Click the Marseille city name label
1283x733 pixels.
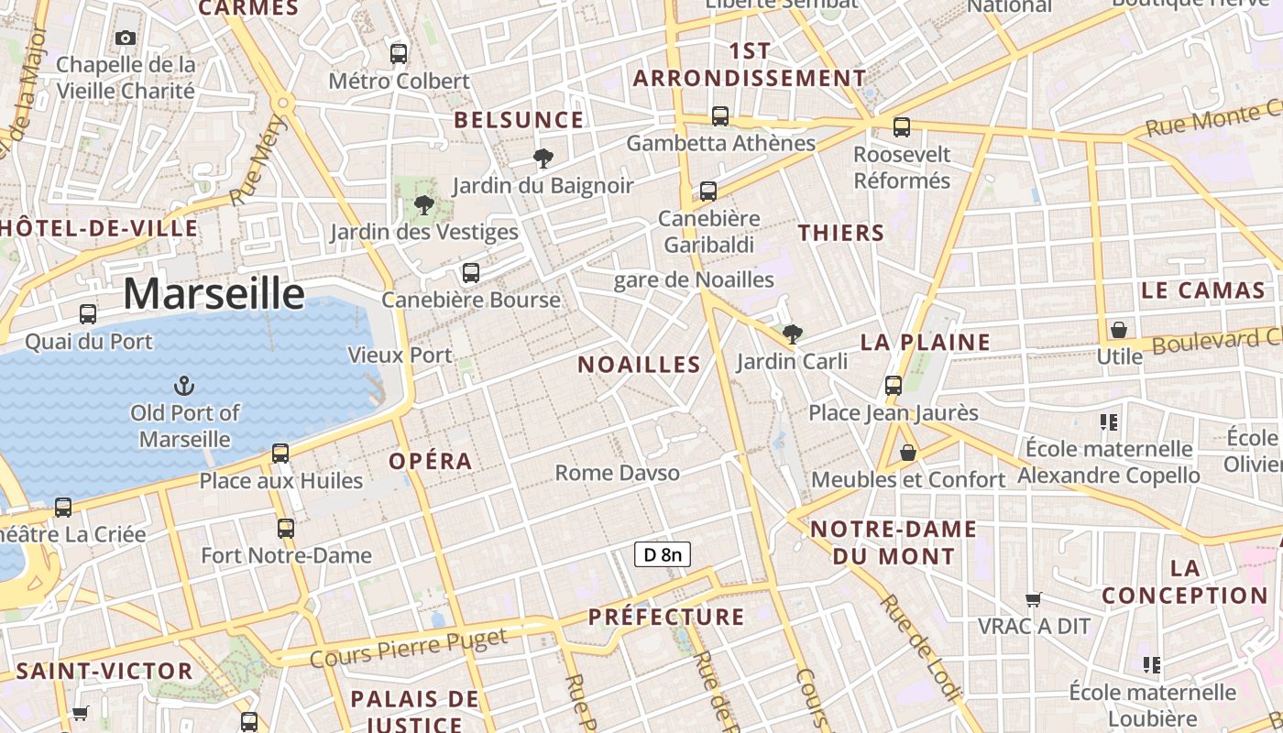point(214,294)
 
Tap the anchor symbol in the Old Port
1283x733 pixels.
point(184,385)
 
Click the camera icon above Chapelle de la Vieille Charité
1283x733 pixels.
point(126,38)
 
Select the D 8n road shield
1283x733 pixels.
point(662,553)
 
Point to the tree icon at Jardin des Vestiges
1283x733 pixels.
point(423,204)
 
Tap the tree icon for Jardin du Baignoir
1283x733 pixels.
point(543,159)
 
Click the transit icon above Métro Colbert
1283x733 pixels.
point(399,53)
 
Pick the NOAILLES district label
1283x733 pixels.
point(639,364)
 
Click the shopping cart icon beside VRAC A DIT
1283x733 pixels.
point(1034,599)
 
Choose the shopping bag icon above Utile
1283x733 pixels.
point(1118,329)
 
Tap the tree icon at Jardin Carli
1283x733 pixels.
point(793,334)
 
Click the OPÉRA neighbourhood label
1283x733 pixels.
point(431,461)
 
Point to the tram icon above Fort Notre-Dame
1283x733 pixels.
point(286,528)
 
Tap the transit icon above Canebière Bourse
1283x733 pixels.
point(471,272)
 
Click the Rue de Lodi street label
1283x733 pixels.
point(919,647)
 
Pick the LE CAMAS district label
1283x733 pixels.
point(1202,290)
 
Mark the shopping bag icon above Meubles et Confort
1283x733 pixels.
point(907,453)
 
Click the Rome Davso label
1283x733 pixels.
point(618,473)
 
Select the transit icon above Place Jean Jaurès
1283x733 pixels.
point(894,386)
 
